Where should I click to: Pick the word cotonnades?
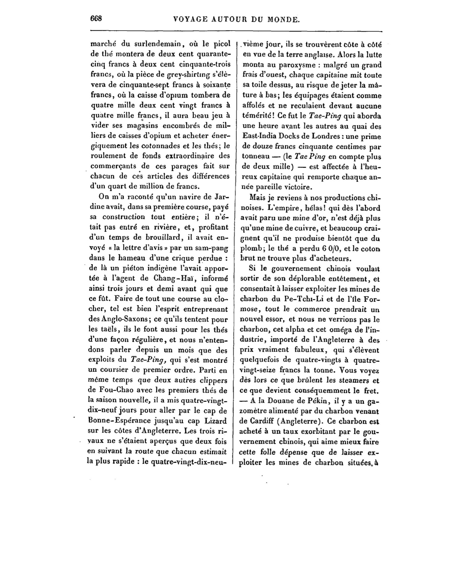(x=162, y=146)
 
